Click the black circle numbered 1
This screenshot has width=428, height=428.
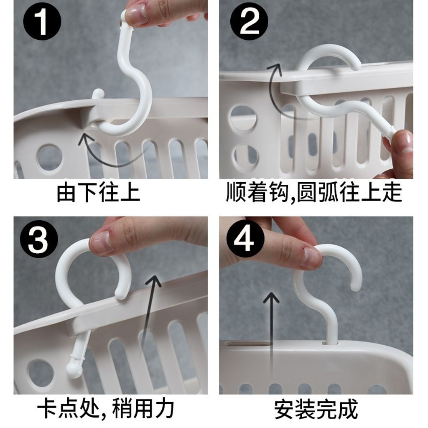(x=42, y=22)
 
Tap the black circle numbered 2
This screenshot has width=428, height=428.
(x=249, y=22)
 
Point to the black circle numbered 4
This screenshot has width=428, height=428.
(x=245, y=239)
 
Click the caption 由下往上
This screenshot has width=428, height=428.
(x=99, y=193)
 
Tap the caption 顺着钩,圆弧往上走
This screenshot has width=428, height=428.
(x=314, y=193)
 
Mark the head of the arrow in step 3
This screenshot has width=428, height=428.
(x=154, y=282)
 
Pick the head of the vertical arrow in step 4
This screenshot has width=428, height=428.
(x=271, y=298)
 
